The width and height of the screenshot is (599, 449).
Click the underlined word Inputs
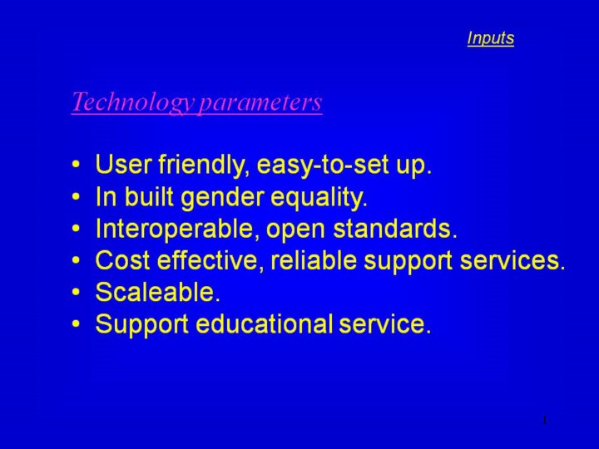[x=491, y=38]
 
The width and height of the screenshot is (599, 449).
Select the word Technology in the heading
[x=133, y=102]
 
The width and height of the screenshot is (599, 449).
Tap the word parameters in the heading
[x=260, y=102]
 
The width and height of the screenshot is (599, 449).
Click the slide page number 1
[x=545, y=420]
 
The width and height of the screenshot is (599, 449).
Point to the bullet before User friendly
[x=77, y=165]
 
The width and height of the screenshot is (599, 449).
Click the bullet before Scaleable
[x=77, y=292]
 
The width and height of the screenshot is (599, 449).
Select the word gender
[x=222, y=198]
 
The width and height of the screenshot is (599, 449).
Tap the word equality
[x=319, y=198]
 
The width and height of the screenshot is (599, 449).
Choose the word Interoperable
[x=174, y=229]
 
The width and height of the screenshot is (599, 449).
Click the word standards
[x=395, y=229]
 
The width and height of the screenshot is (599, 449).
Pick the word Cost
[x=122, y=260]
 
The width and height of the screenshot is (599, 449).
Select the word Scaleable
[x=158, y=292]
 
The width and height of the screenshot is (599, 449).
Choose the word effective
[x=210, y=260]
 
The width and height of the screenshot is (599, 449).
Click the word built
[x=150, y=197]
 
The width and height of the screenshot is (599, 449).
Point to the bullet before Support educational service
[x=77, y=323]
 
